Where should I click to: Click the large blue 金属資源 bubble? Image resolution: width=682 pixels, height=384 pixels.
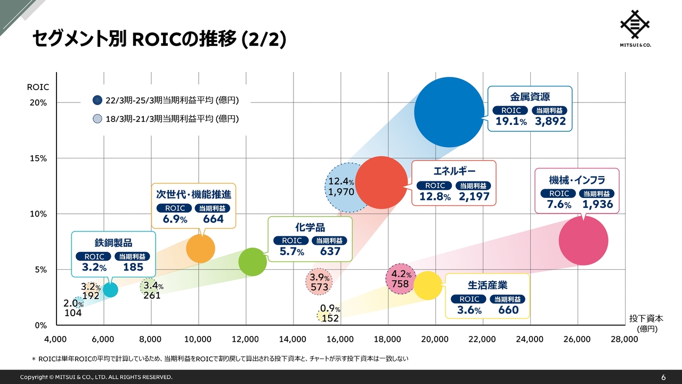coord(449,112)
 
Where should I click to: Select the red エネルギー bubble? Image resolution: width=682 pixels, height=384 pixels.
coord(381,182)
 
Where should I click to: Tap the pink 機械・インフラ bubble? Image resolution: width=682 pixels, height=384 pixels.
coord(583,240)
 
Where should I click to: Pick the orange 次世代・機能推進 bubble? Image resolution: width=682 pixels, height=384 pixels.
coord(200,249)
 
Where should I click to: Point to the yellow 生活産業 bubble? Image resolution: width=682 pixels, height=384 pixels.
coord(428,285)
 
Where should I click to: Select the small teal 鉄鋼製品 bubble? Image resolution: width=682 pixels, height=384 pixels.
coord(110,290)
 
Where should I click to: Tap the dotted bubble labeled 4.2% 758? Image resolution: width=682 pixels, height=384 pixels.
coord(401,278)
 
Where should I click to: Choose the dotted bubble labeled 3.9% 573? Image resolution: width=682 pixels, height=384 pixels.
coord(319,282)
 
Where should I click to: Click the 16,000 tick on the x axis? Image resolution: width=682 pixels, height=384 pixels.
coord(340,339)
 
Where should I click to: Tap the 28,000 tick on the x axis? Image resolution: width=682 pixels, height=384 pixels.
coord(624,339)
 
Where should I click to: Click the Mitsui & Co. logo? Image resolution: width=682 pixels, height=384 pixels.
coord(635,28)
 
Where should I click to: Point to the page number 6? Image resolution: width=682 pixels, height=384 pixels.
coord(663,377)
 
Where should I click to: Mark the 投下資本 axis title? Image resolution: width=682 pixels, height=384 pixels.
coord(646,319)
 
